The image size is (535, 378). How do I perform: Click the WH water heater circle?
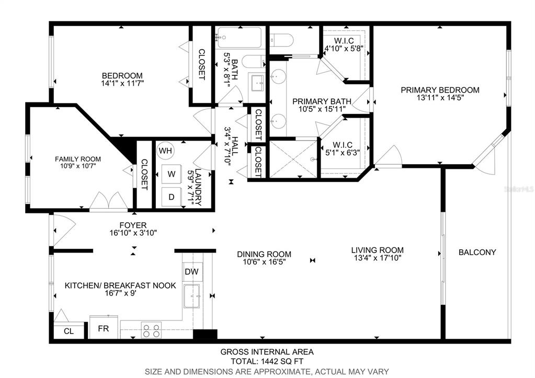(165, 151)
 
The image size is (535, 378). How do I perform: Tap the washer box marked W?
(172, 174)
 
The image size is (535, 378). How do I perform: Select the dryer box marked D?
(172, 197)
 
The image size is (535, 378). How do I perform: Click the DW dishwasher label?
(191, 271)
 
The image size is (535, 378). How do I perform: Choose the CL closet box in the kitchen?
(69, 331)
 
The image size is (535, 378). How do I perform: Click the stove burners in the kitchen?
(151, 330)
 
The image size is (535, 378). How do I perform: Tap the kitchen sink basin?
(192, 296)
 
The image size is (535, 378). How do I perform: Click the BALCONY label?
(477, 252)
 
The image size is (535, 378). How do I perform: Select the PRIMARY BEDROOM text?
(440, 90)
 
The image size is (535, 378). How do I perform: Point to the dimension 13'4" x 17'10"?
(378, 258)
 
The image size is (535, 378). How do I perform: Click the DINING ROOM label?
(264, 254)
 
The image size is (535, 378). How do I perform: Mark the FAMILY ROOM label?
(78, 159)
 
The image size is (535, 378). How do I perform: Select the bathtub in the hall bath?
(239, 37)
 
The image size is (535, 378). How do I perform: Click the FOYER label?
(133, 225)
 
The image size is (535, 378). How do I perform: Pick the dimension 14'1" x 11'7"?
(122, 83)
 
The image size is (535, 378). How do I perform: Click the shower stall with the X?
(293, 159)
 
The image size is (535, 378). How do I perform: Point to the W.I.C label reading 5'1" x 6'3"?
(342, 149)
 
